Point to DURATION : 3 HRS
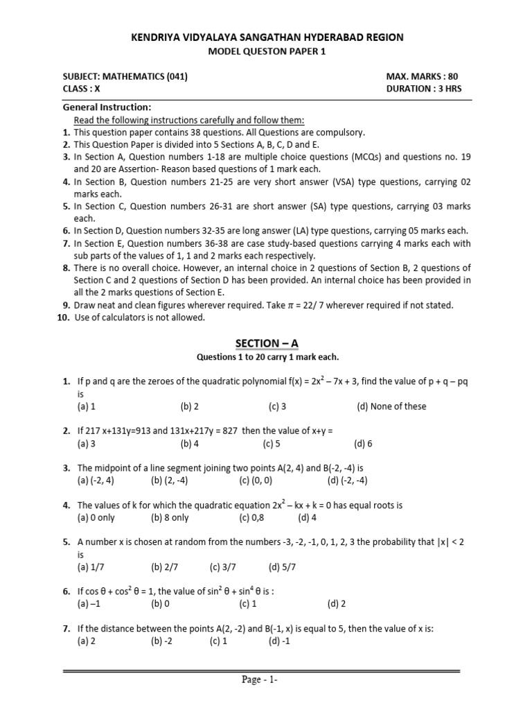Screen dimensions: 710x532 424,89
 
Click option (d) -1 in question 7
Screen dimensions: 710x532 280,641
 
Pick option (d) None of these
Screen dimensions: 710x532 391,406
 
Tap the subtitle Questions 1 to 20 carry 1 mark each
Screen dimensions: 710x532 268,357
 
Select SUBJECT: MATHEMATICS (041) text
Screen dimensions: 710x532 125,77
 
